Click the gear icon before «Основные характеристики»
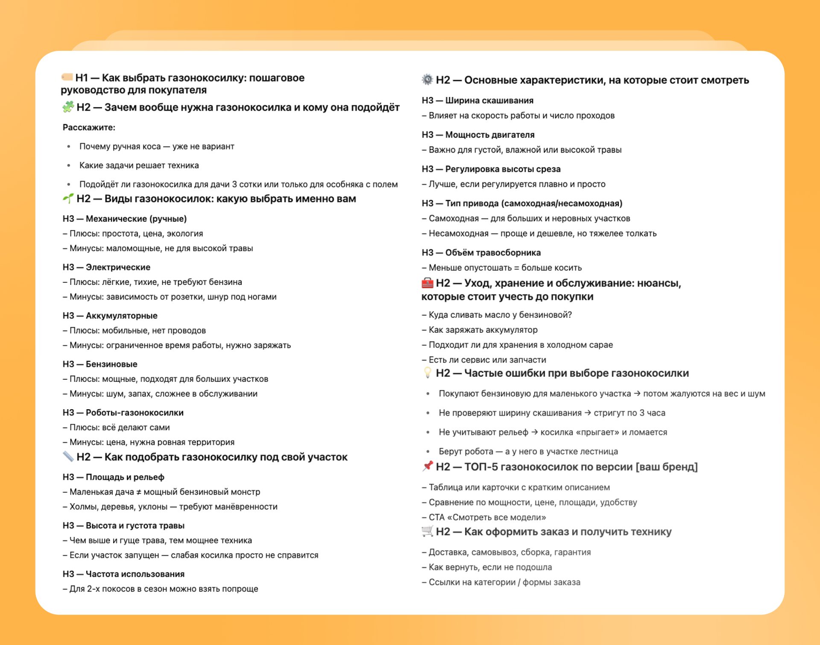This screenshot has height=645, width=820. pyautogui.click(x=427, y=79)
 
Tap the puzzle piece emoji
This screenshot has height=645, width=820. pyautogui.click(x=68, y=107)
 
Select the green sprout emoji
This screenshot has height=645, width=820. pyautogui.click(x=68, y=198)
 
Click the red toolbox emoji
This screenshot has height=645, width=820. pyautogui.click(x=427, y=283)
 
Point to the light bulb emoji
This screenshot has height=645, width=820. pyautogui.click(x=427, y=372)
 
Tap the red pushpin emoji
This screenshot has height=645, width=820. pyautogui.click(x=427, y=466)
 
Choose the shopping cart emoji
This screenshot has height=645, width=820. pyautogui.click(x=427, y=531)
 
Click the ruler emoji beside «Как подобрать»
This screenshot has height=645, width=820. pyautogui.click(x=68, y=456)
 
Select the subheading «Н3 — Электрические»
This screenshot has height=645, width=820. pyautogui.click(x=106, y=267)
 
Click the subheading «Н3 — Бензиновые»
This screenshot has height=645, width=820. pyautogui.click(x=100, y=364)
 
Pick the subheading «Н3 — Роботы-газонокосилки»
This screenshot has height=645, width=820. pyautogui.click(x=123, y=413)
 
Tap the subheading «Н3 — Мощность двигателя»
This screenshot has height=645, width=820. pyautogui.click(x=478, y=135)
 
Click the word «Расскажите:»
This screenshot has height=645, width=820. pyautogui.click(x=89, y=127)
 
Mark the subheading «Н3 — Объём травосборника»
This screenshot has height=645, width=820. pyautogui.click(x=481, y=253)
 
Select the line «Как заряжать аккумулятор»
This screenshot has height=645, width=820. pyautogui.click(x=483, y=330)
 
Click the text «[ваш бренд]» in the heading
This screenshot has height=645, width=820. pyautogui.click(x=667, y=467)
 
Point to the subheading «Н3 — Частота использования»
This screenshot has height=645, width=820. pyautogui.click(x=123, y=574)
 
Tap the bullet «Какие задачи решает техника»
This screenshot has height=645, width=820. pyautogui.click(x=139, y=165)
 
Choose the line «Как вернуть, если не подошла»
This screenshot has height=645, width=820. pyautogui.click(x=490, y=567)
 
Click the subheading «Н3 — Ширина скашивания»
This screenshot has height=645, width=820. pyautogui.click(x=477, y=101)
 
